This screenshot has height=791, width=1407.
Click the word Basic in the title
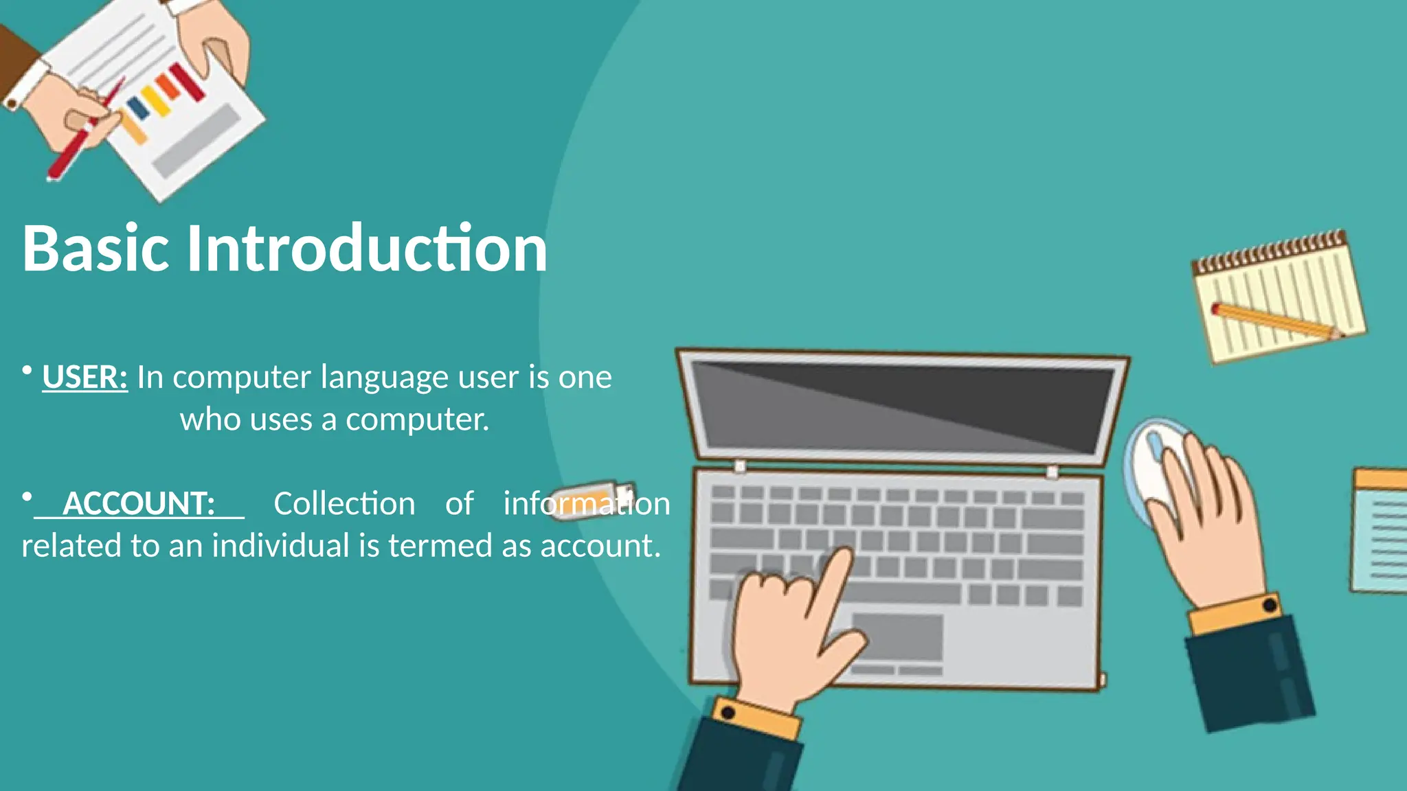click(x=95, y=249)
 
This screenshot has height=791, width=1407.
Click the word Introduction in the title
click(x=367, y=249)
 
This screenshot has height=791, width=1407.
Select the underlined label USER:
click(x=85, y=378)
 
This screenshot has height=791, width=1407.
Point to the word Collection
click(x=344, y=504)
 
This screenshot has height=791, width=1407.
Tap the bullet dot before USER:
click(x=27, y=371)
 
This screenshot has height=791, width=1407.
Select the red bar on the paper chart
click(x=188, y=82)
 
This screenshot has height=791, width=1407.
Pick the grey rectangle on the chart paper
click(x=196, y=141)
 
